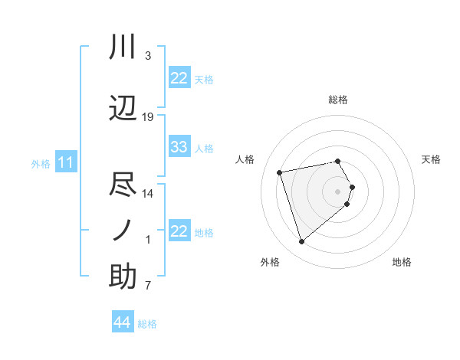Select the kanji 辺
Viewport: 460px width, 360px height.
(123, 108)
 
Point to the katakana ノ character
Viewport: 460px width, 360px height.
(123, 231)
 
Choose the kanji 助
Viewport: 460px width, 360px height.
(123, 277)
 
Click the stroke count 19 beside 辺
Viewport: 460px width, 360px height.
(148, 117)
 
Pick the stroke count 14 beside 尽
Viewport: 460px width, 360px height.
(148, 194)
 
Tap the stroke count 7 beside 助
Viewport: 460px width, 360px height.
(148, 286)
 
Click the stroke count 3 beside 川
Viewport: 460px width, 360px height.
(148, 56)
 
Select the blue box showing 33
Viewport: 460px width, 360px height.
(179, 147)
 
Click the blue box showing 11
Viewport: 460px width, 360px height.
(66, 162)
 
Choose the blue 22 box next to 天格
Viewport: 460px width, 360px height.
(179, 78)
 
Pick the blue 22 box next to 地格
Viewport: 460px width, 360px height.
(179, 231)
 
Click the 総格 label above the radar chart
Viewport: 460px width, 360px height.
(338, 100)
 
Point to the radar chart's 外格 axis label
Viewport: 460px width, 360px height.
(270, 262)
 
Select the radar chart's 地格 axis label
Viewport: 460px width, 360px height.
(402, 262)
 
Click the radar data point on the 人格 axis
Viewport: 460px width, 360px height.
(280, 172)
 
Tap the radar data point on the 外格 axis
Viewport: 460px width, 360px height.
(302, 241)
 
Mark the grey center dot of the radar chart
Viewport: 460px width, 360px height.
(338, 191)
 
